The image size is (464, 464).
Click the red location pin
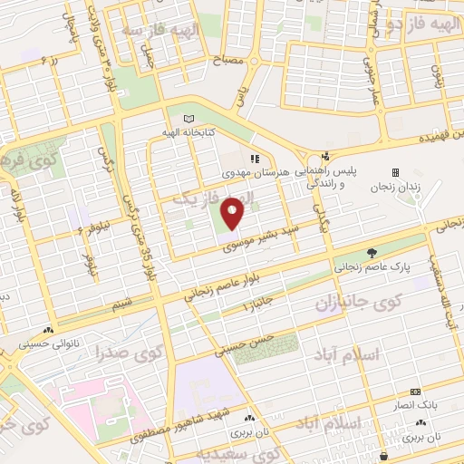pos(233,211)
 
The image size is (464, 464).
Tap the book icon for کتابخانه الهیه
pos(188,119)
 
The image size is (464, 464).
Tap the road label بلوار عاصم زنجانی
pos(218,279)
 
